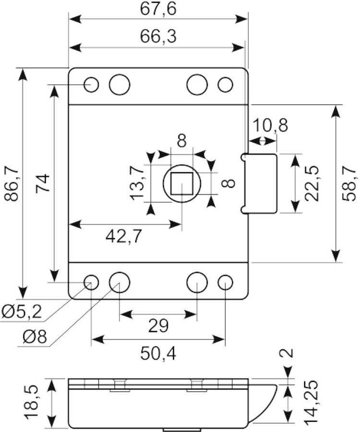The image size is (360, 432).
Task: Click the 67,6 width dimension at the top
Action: (158, 9)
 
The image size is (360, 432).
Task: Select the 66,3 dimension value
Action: (158, 36)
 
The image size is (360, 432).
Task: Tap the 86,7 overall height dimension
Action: (12, 183)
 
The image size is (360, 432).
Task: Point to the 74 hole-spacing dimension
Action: (43, 183)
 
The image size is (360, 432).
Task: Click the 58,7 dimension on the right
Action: (349, 183)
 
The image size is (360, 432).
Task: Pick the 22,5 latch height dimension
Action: (312, 183)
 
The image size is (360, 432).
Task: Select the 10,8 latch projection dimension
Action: (270, 125)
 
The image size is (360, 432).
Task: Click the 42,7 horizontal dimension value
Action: (124, 236)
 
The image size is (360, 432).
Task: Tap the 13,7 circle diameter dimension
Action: (137, 183)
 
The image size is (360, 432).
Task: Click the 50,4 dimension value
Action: (158, 353)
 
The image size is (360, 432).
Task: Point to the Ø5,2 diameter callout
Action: (22, 312)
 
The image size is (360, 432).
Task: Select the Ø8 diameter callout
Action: (35, 336)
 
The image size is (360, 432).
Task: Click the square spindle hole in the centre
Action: (181, 183)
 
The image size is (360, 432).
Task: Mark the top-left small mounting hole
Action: (91, 84)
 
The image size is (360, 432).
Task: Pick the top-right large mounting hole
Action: (197, 84)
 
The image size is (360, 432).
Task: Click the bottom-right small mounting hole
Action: (225, 283)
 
